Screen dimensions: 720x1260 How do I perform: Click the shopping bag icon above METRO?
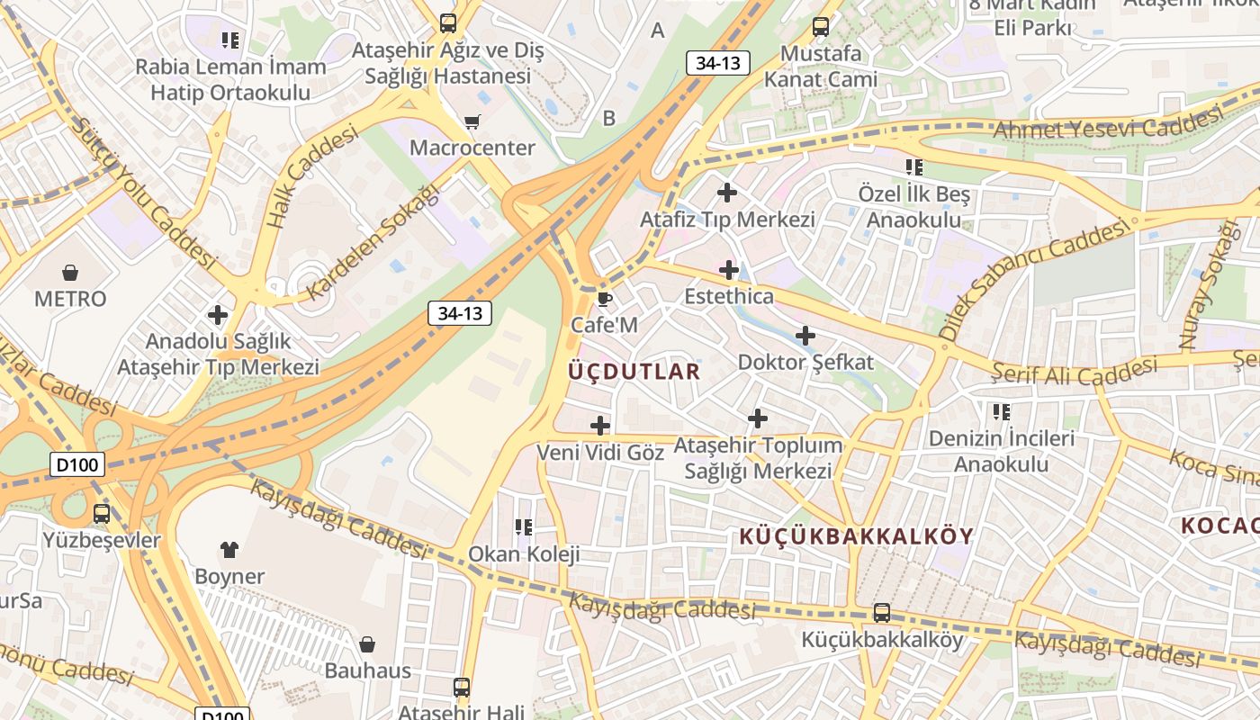point(70,272)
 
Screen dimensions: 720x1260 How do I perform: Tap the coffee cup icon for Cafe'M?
point(604,299)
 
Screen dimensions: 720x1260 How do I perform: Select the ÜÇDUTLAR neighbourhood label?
point(634,371)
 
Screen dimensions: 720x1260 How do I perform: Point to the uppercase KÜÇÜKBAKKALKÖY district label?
point(857,536)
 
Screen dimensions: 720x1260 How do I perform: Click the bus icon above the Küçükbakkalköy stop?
point(882,613)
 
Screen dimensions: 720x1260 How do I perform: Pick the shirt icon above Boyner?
point(229,549)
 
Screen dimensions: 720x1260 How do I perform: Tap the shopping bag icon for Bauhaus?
point(367,644)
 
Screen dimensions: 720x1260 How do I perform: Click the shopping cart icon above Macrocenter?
point(472,121)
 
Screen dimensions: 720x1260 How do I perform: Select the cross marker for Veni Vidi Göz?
point(600,426)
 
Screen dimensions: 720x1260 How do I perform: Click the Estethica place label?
point(729,296)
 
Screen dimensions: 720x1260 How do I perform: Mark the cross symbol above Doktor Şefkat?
point(805,337)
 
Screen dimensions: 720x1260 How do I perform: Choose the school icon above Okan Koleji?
point(524,527)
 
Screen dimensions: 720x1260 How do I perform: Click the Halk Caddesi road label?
point(311,175)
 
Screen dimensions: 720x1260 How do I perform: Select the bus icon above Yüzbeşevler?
point(102,514)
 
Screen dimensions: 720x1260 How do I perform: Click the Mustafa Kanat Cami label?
point(820,66)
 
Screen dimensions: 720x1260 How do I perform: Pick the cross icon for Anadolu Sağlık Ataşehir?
point(218,315)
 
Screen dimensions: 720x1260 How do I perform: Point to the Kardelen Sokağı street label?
point(373,243)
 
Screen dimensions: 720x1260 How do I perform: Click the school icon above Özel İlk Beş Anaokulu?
point(914,167)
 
